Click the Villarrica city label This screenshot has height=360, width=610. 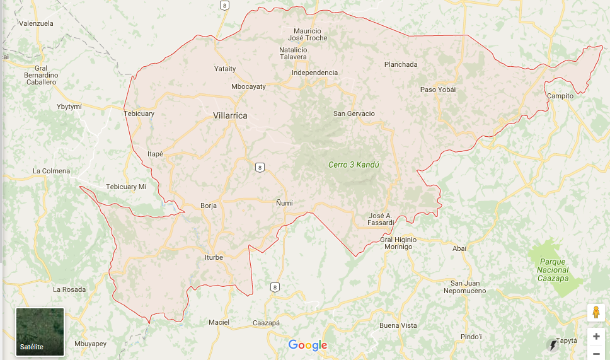[x=230, y=116]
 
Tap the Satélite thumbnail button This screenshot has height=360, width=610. [x=40, y=332]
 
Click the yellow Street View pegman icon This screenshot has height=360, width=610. [x=596, y=313]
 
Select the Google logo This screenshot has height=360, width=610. [x=308, y=345]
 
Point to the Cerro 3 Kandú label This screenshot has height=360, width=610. [x=354, y=165]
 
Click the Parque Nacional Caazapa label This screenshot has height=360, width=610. [x=553, y=270]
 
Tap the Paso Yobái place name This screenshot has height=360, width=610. [x=438, y=90]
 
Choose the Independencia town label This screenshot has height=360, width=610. [x=314, y=73]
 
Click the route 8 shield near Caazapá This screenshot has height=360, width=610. [x=274, y=287]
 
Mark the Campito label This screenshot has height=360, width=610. [x=560, y=96]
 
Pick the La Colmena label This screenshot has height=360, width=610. [x=52, y=171]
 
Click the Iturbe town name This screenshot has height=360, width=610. [x=214, y=257]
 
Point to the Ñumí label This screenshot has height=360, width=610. [x=284, y=202]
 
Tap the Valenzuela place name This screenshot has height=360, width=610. [x=37, y=23]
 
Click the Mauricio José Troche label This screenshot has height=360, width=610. [x=308, y=35]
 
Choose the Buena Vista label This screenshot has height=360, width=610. [x=398, y=325]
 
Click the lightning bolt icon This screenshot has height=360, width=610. [x=553, y=345]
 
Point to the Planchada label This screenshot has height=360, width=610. [x=401, y=64]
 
